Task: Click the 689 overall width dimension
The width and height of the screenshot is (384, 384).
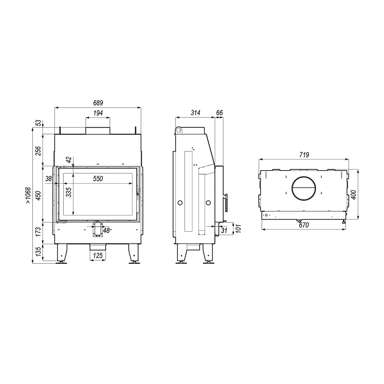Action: pos(98,103)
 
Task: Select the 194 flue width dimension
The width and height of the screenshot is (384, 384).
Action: pos(98,113)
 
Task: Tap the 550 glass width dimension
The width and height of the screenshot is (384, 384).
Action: pos(98,179)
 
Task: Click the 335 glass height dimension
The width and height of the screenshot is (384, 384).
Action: pos(69,192)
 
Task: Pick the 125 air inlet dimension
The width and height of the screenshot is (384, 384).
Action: pos(98,256)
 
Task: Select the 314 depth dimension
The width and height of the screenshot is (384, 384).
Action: pos(195,113)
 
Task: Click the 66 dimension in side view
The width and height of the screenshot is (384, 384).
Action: pos(220,113)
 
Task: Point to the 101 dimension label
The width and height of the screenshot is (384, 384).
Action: pos(239,228)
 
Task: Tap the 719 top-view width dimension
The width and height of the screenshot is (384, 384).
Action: pos(304,155)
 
